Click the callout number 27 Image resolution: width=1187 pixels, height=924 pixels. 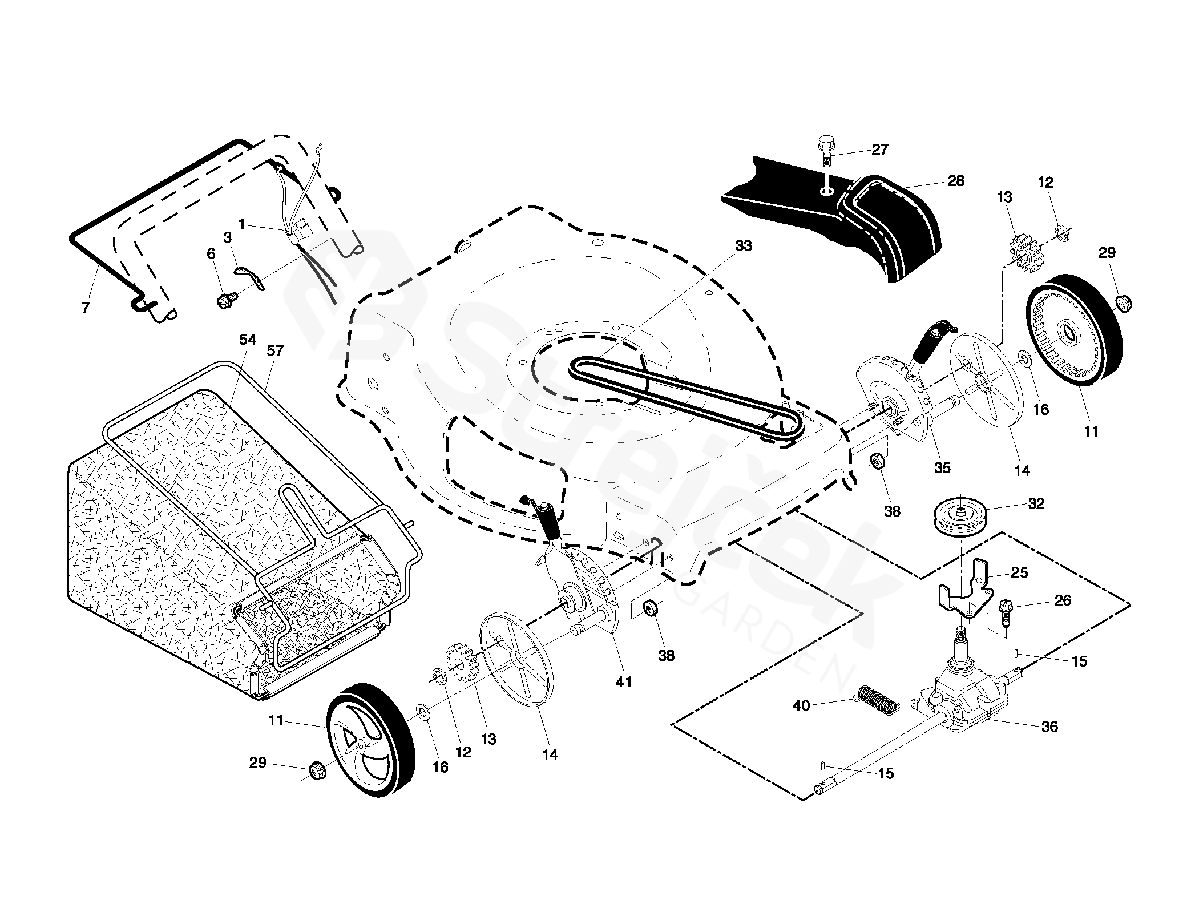(x=879, y=150)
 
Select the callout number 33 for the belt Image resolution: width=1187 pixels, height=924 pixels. (x=744, y=246)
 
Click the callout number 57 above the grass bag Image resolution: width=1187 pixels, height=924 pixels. (x=275, y=350)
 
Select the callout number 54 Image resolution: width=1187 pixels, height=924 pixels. (x=247, y=340)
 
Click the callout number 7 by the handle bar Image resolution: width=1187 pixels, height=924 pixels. (x=86, y=308)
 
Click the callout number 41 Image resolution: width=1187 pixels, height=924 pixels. (x=624, y=681)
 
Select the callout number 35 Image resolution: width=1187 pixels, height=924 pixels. (x=942, y=467)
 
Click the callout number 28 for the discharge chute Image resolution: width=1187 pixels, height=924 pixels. (x=955, y=181)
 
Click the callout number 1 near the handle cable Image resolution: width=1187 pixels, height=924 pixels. (x=242, y=225)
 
